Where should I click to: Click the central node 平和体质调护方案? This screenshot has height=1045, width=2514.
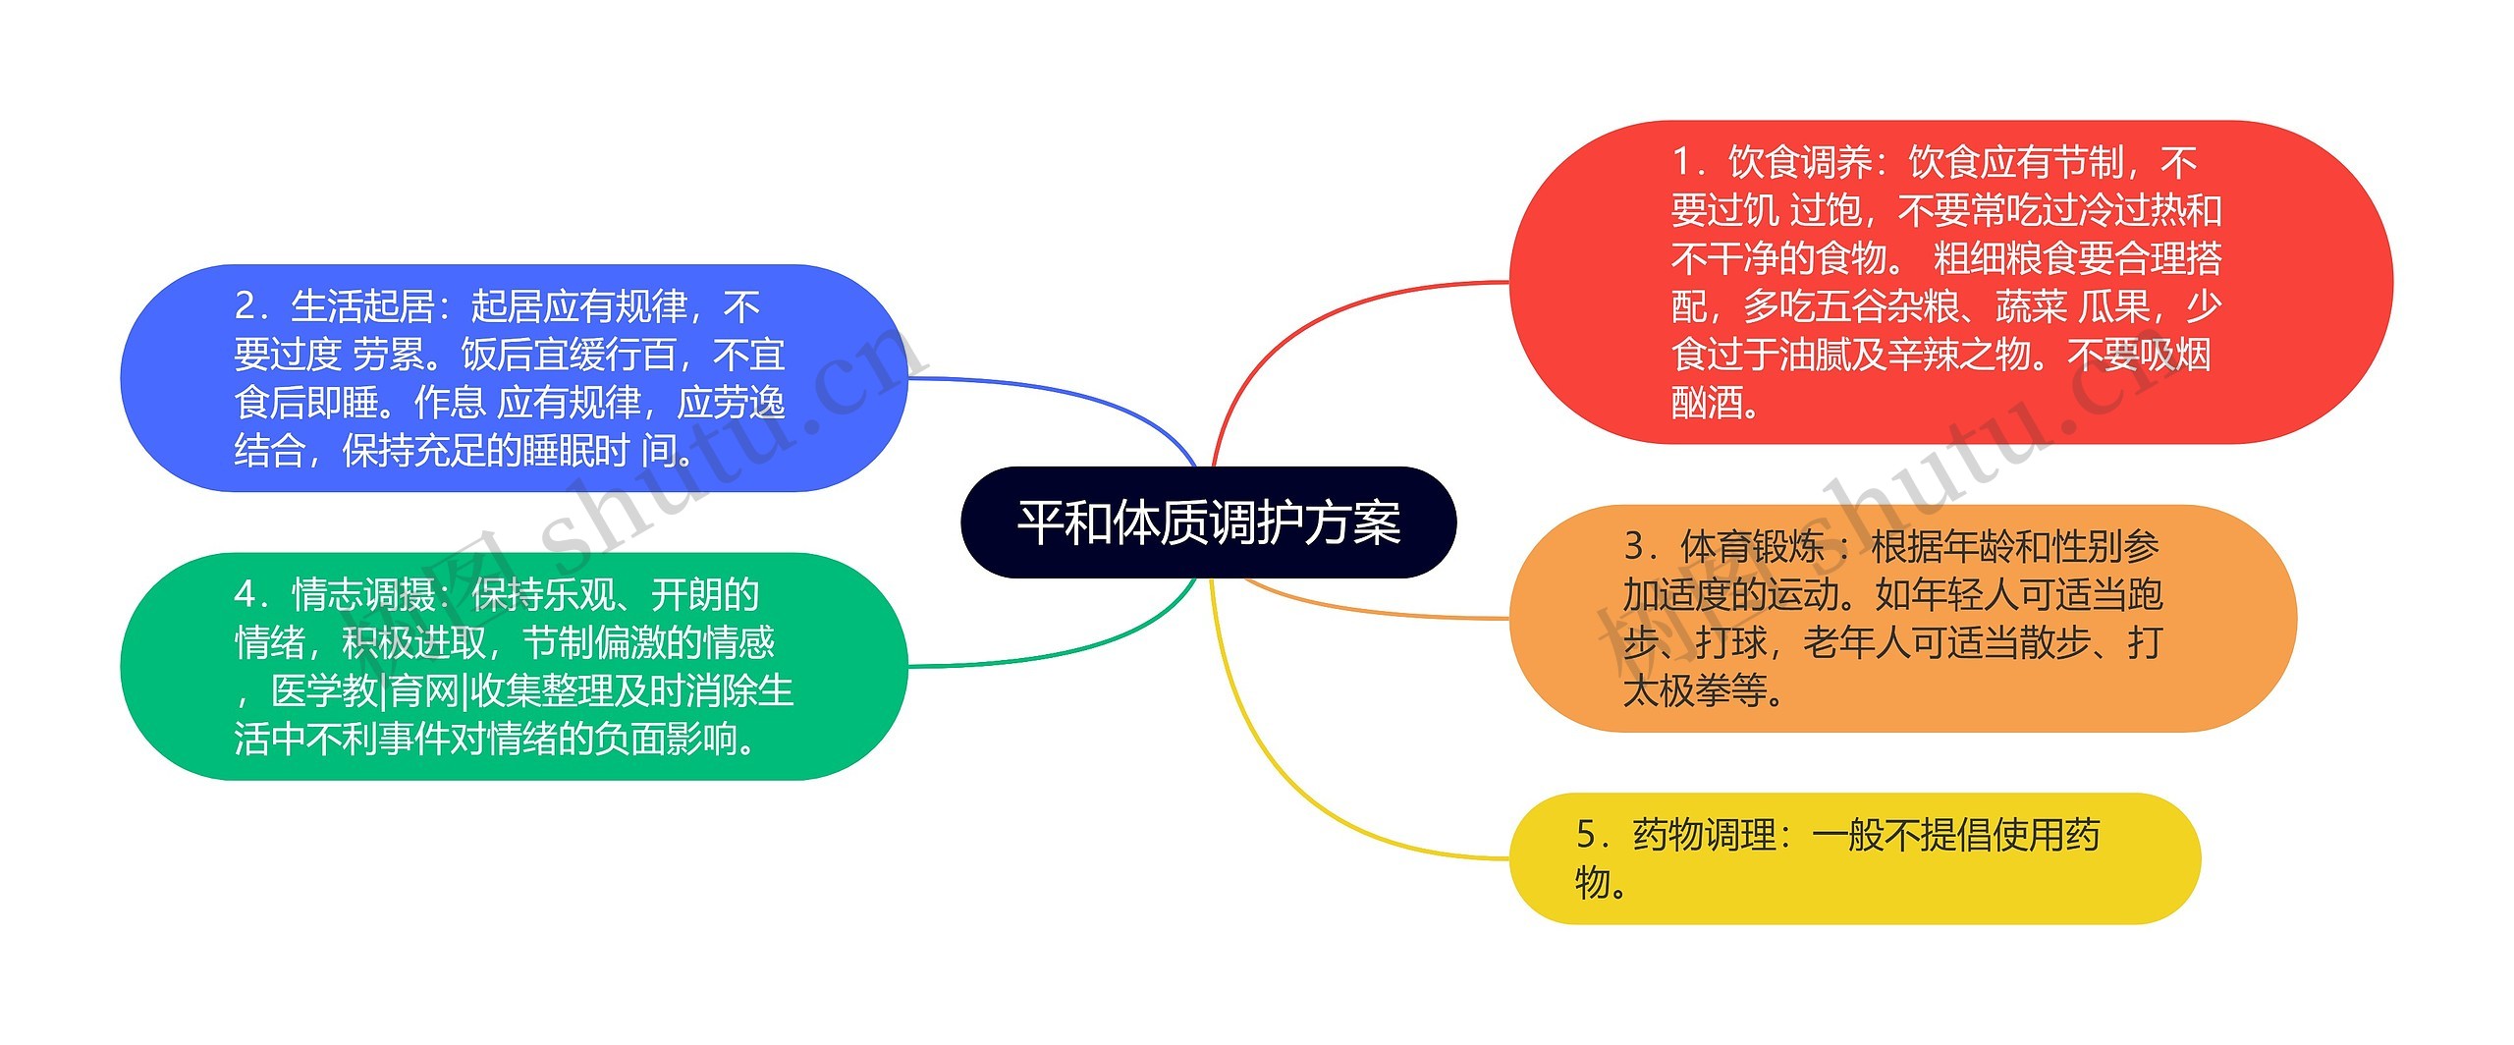click(x=1208, y=522)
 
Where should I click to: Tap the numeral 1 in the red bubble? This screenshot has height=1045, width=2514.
click(x=1683, y=162)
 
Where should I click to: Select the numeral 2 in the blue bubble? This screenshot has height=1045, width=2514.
click(x=246, y=306)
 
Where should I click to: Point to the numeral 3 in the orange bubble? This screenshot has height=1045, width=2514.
click(x=1634, y=546)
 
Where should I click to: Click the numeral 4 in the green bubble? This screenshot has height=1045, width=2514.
click(x=246, y=595)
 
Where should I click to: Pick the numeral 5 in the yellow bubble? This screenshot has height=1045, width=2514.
click(x=1587, y=835)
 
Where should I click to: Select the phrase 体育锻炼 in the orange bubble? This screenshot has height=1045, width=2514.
click(x=1752, y=546)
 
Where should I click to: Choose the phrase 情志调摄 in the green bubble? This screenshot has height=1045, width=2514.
click(x=363, y=595)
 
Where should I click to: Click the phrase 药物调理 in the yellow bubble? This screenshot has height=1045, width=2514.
click(x=1704, y=835)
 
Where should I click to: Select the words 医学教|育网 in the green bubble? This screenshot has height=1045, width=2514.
click(x=365, y=690)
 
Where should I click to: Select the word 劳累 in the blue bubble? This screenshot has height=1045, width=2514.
click(x=389, y=355)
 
